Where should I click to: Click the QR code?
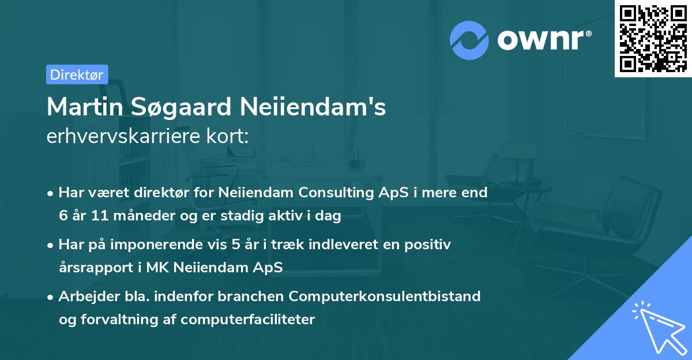point(653,39)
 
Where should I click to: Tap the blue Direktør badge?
point(77,74)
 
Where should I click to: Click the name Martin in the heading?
point(80,107)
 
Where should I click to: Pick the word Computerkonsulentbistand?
point(385,297)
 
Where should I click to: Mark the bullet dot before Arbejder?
point(51,297)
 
